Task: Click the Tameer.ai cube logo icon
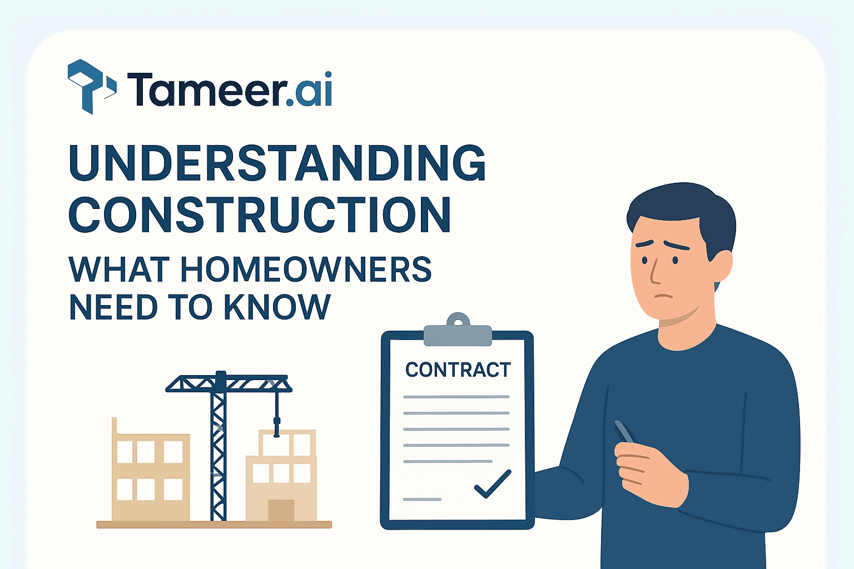click(x=91, y=86)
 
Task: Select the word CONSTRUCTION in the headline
click(x=259, y=214)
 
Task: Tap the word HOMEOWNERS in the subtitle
click(x=306, y=270)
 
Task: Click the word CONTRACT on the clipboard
click(x=458, y=370)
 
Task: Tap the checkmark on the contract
click(x=493, y=484)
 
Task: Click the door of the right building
click(x=281, y=510)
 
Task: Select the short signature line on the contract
click(x=421, y=499)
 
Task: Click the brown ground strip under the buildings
click(x=214, y=525)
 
